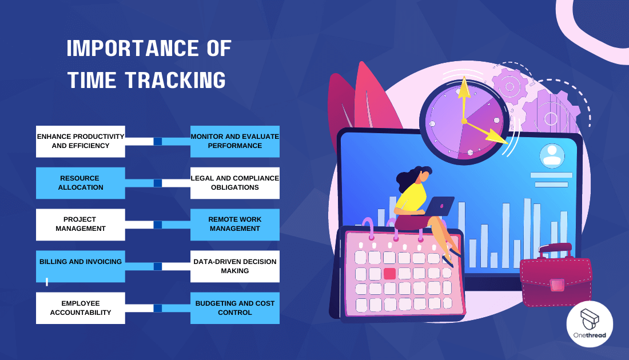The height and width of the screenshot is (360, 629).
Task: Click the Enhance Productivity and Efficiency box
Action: pos(80,141)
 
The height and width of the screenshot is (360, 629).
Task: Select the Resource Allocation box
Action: pos(80,183)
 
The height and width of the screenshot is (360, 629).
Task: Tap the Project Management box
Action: pos(80,224)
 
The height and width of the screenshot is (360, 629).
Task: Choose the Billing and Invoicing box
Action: pos(80,266)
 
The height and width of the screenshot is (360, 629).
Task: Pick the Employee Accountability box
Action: pos(80,308)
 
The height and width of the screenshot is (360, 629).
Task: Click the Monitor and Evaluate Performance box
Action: pos(234,141)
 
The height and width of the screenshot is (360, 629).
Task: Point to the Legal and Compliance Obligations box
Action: pos(234,183)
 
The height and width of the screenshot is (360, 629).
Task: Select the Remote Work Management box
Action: pos(234,224)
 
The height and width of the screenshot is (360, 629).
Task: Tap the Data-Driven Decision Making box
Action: pos(234,266)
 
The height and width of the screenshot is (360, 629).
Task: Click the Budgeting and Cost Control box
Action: pos(234,308)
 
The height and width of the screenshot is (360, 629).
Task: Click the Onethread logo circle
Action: pos(590,324)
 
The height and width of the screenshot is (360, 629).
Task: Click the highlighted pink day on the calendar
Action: pos(390,273)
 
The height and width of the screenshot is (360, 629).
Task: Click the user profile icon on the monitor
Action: pos(552,155)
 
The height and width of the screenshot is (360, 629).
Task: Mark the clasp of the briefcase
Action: pos(557,284)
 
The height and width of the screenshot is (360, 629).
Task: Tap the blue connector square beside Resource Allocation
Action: pos(158,183)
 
